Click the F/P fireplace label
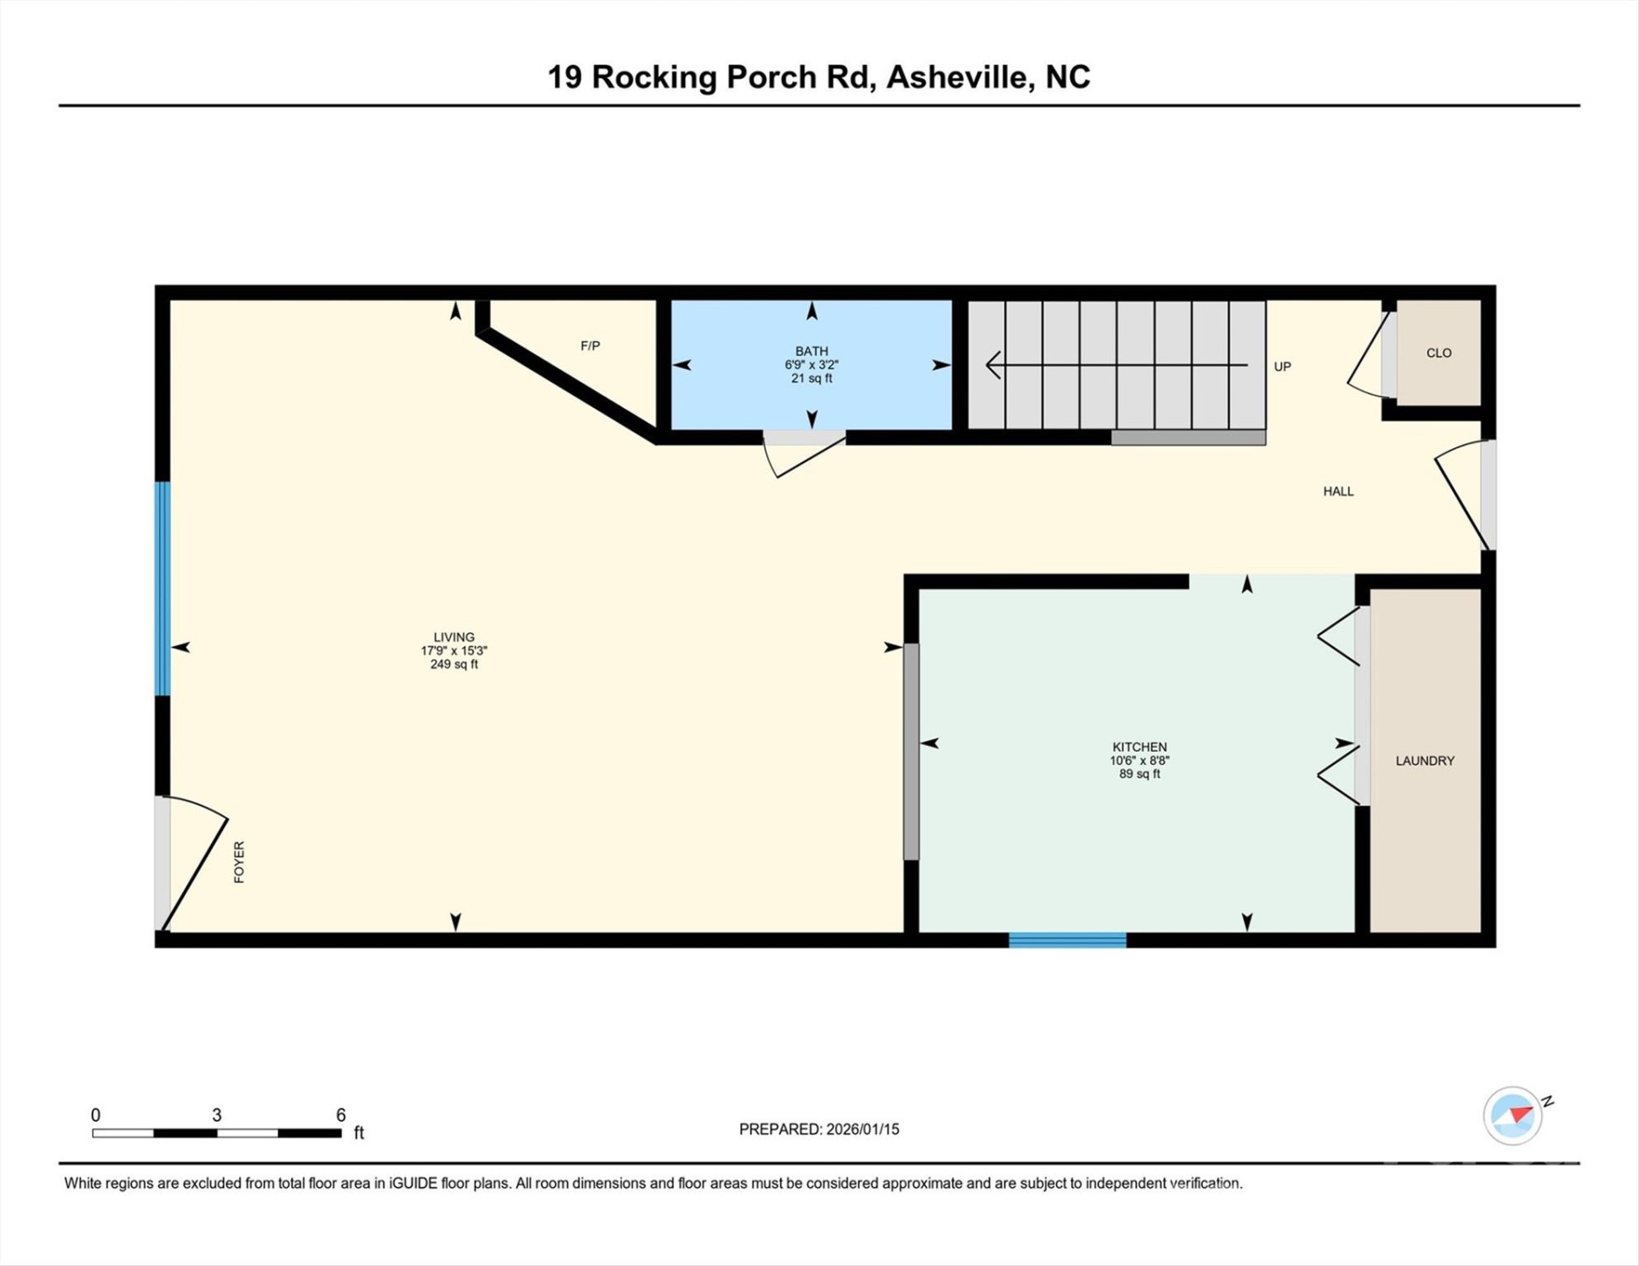[x=590, y=346]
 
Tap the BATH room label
[x=811, y=351]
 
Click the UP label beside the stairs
[x=1282, y=367]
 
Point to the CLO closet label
[x=1439, y=353]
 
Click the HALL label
[x=1338, y=491]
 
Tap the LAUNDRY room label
[x=1424, y=760]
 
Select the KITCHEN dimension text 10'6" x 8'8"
[x=1140, y=760]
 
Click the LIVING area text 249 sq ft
[x=454, y=665]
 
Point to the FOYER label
[x=239, y=862]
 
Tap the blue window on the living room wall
[x=163, y=588]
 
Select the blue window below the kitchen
[x=1067, y=940]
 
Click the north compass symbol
[x=1514, y=1116]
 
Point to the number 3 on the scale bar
[x=216, y=1115]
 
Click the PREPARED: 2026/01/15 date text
[x=819, y=1129]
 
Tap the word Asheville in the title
[x=957, y=77]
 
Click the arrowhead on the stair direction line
[x=994, y=364]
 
